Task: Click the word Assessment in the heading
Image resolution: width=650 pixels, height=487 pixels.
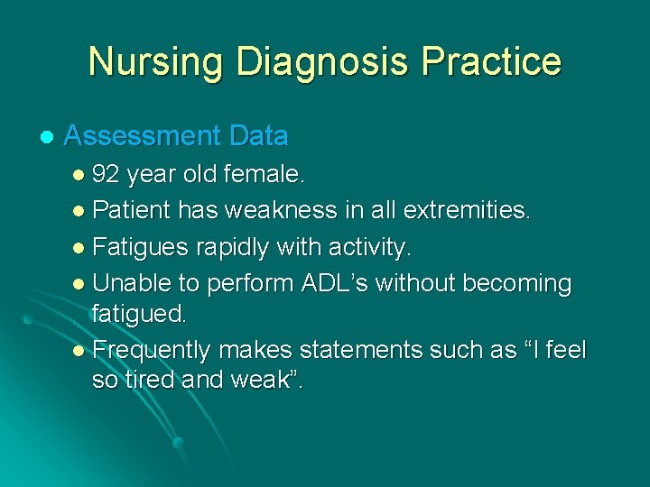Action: click(x=143, y=136)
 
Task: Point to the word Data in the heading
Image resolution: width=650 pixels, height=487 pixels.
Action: click(x=258, y=136)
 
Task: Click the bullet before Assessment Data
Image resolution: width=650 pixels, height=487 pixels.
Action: click(x=46, y=137)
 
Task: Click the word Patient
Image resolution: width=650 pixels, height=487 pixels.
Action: click(x=131, y=210)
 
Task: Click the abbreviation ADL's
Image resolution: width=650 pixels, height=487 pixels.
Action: click(x=335, y=283)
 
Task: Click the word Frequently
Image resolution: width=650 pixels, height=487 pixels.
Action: click(x=153, y=349)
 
